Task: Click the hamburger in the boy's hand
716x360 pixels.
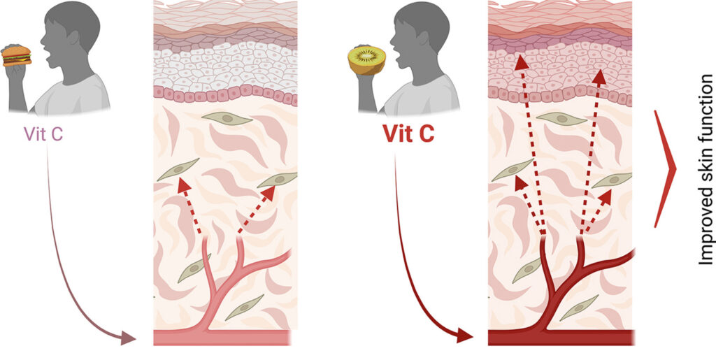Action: [x=17, y=55]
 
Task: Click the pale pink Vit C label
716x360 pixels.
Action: [x=44, y=133]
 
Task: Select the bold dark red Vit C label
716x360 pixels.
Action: [x=408, y=133]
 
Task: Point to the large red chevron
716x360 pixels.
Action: [x=666, y=168]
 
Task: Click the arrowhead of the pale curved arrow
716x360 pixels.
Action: [x=129, y=339]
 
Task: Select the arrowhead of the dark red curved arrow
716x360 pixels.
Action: [x=464, y=336]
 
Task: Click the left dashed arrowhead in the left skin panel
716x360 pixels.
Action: [x=184, y=186]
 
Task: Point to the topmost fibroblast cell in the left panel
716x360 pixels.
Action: [x=229, y=120]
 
